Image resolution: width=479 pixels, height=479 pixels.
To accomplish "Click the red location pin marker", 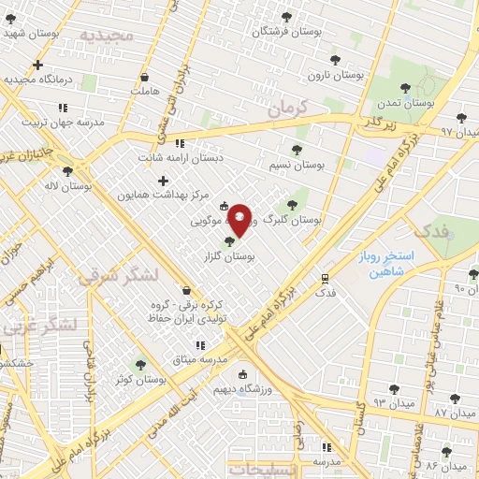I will (239, 220).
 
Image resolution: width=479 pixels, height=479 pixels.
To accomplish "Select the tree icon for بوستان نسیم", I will (297, 150).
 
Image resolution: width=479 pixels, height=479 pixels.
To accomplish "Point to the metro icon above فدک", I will (325, 278).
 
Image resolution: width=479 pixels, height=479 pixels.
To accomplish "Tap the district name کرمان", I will (285, 109).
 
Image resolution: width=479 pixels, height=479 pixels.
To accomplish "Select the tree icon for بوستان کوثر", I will (140, 365).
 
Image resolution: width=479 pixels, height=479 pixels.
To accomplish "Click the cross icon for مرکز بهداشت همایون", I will (164, 181).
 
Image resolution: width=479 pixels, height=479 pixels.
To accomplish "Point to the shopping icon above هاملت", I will (144, 77).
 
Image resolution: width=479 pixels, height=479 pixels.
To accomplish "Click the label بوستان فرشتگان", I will (286, 32).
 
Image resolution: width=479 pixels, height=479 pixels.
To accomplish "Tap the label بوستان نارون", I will (335, 73).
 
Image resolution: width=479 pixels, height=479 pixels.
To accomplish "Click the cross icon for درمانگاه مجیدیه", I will (37, 65).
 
